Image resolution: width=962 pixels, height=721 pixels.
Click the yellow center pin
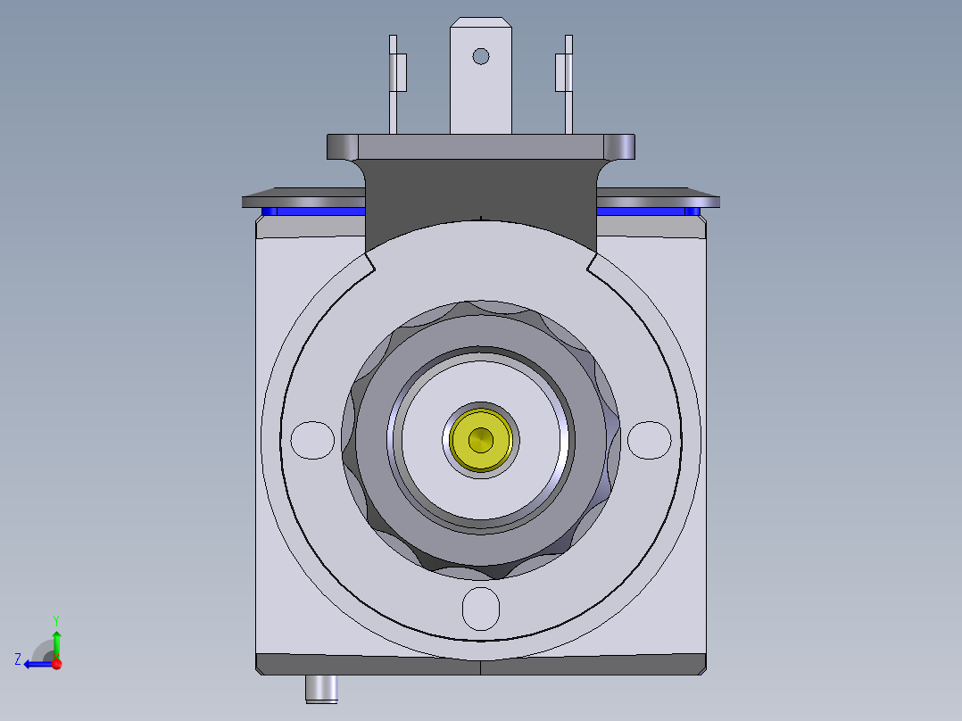[x=481, y=439]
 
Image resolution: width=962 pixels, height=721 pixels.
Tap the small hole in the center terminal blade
[x=481, y=56]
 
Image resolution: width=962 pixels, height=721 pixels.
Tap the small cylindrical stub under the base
[x=321, y=688]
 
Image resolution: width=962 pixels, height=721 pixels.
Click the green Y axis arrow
[x=56, y=639]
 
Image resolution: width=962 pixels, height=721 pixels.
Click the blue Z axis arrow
[x=36, y=663]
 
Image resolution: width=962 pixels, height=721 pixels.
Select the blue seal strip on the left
[x=312, y=212]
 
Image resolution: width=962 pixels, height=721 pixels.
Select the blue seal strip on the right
[x=647, y=212]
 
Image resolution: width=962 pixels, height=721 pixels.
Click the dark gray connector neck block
[x=480, y=192]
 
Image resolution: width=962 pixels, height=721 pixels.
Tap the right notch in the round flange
[x=592, y=264]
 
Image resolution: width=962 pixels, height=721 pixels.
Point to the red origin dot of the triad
[x=56, y=663]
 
